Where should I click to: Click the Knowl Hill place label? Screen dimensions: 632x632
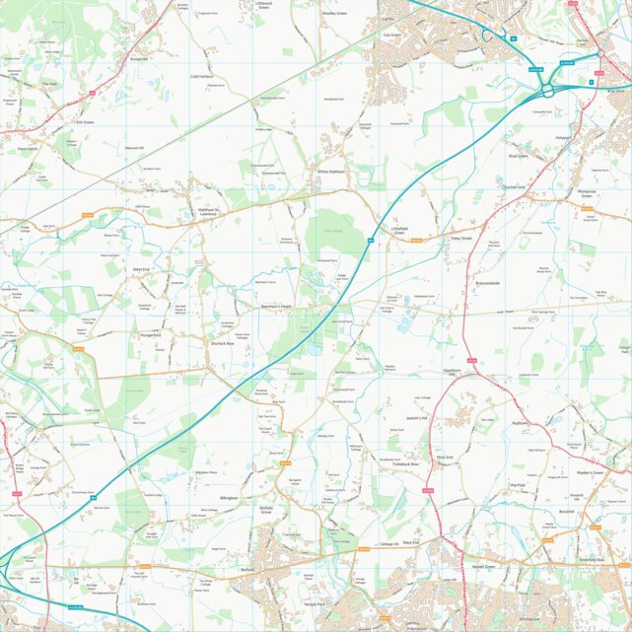[138, 58]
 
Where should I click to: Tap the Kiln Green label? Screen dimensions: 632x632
[84, 122]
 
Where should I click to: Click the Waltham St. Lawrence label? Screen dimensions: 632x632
[213, 211]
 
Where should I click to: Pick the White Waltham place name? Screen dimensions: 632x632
[332, 172]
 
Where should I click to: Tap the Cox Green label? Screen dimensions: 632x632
[391, 35]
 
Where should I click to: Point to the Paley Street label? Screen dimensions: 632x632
[461, 238]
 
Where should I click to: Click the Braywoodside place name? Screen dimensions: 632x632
[488, 283]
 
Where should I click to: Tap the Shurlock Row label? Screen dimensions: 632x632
[222, 343]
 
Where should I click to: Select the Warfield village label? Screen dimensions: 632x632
[515, 485]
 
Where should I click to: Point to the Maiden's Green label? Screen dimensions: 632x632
[589, 473]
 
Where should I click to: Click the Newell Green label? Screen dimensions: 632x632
[483, 568]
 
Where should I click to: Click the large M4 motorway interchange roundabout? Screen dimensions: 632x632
[545, 92]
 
